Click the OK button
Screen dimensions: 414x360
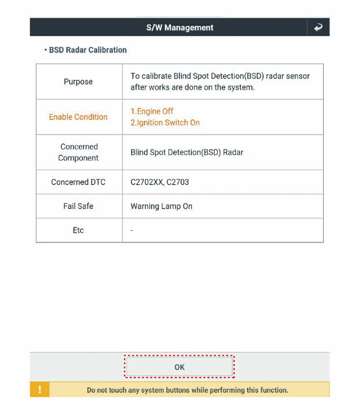[x=179, y=367]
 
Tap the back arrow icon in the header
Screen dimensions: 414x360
[x=318, y=27]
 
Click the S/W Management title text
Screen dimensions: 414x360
[x=179, y=27]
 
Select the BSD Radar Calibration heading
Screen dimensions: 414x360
[x=87, y=50]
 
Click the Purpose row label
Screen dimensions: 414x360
[x=78, y=82]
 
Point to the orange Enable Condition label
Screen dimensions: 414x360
[x=78, y=117]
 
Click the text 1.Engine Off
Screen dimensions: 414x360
[x=152, y=111]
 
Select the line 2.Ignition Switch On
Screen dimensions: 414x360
[x=165, y=123]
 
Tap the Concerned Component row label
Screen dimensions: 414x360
[x=79, y=152]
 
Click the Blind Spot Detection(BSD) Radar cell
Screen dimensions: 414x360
[x=187, y=153]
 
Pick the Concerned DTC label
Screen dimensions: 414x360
[x=78, y=182]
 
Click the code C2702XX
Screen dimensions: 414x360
[x=147, y=182]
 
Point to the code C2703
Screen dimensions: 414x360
[x=178, y=182]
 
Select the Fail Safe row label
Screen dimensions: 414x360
[x=78, y=206]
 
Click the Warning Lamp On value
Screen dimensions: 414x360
[x=161, y=207]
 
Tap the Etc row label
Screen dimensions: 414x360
[x=78, y=230]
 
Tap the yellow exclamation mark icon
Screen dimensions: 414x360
[x=39, y=390]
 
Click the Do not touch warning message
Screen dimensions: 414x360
[x=187, y=390]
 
